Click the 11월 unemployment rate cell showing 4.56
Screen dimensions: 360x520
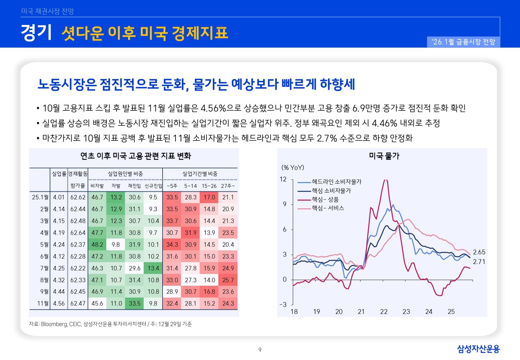point(59,303)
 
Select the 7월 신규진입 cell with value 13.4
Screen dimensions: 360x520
point(153,268)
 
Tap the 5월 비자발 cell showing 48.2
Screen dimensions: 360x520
point(97,244)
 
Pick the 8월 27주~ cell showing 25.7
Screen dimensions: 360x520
point(228,280)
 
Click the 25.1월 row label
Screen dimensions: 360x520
point(40,197)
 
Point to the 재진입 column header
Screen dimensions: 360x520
point(134,186)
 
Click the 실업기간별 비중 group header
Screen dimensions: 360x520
point(200,174)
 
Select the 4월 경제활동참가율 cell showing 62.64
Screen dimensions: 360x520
point(78,233)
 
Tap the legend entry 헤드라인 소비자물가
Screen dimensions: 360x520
point(336,182)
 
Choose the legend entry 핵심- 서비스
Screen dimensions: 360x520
point(328,208)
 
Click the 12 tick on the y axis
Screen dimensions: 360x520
point(283,179)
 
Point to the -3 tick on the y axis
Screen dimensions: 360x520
point(283,305)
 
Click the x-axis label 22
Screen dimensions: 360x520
point(384,312)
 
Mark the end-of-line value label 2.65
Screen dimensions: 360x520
point(479,252)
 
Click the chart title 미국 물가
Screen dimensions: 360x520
point(384,156)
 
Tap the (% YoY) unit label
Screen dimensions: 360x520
point(293,167)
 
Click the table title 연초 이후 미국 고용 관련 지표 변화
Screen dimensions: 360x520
point(136,156)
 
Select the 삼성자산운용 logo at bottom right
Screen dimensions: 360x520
point(478,349)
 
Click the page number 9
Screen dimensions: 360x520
point(260,350)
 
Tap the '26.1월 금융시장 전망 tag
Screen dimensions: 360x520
point(463,42)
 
